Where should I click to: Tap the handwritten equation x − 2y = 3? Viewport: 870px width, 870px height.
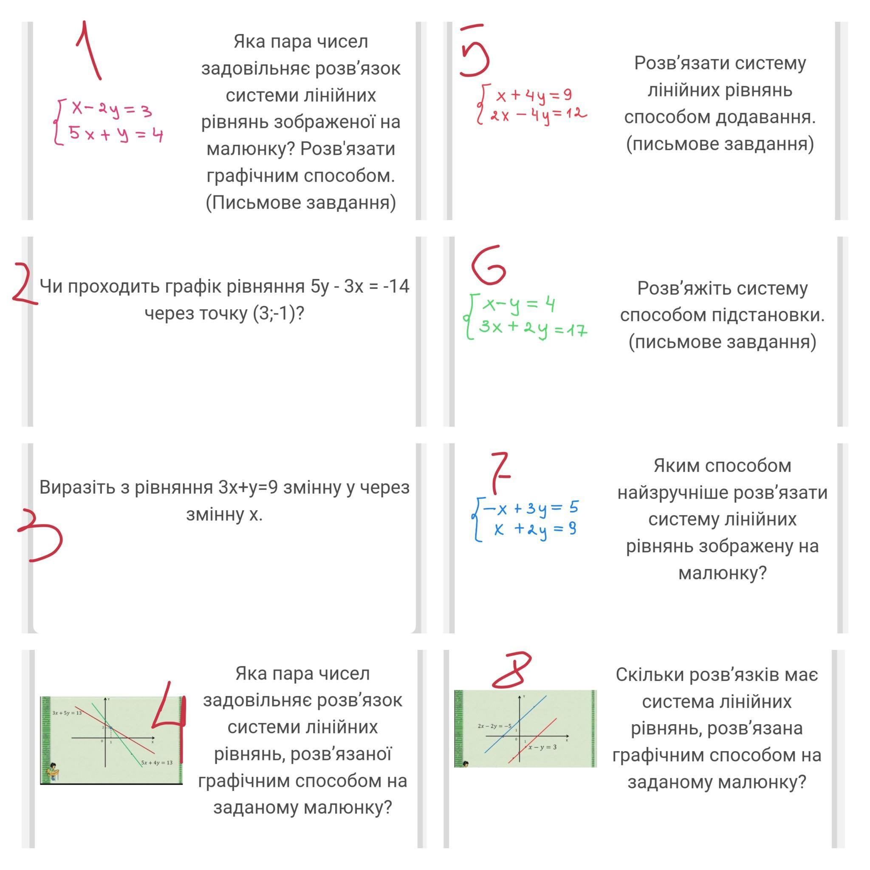coord(112,110)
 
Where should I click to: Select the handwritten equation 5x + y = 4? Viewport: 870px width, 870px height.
coord(115,134)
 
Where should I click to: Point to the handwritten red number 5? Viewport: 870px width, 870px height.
coord(474,51)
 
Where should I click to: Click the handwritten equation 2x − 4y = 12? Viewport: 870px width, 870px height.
coord(539,115)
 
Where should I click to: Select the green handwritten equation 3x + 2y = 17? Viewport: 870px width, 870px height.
coord(533,328)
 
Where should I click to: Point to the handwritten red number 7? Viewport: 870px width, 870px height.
coord(500,472)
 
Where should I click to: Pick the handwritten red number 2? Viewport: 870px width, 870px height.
coord(23,285)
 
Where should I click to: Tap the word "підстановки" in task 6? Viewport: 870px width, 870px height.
coord(767,315)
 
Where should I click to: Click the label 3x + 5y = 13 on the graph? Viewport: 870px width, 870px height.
coord(67,713)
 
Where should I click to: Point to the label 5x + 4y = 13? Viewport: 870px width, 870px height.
coord(157,763)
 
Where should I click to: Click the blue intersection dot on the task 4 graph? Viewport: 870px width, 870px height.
coord(111,728)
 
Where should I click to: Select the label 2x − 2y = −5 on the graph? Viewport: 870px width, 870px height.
coord(494,726)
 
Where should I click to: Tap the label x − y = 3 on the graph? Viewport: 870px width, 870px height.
coord(542,747)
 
